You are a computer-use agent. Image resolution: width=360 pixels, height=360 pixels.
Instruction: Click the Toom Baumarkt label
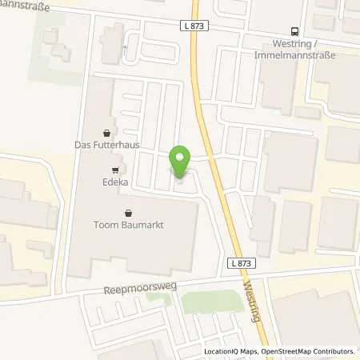(130, 226)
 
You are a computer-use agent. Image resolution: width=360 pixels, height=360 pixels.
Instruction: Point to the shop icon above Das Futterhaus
(107, 133)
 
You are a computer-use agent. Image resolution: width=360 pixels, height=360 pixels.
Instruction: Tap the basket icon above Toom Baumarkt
(130, 213)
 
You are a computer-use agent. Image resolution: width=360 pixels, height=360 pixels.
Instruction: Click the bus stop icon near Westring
(295, 32)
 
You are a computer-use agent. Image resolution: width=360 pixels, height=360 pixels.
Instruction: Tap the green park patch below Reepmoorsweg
(212, 302)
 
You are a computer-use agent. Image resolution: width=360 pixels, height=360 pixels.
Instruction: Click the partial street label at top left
(25, 6)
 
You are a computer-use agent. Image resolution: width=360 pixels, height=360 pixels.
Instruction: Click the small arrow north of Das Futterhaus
(124, 50)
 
